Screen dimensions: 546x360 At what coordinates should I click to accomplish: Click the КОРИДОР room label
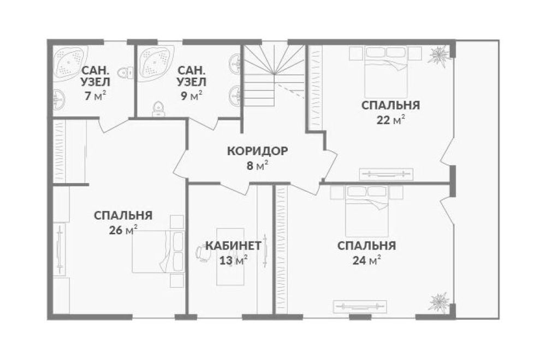(258, 151)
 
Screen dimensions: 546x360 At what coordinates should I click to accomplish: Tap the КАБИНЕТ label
(233, 246)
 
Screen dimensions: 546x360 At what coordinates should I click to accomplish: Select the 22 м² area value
(391, 120)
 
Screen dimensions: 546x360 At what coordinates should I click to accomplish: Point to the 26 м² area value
(123, 230)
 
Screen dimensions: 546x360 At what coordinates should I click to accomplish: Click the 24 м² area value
(366, 261)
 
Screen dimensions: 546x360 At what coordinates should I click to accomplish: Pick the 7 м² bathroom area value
(95, 96)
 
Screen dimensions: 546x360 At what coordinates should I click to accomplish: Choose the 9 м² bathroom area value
(191, 96)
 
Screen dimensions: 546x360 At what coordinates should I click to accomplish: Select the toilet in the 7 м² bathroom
(126, 72)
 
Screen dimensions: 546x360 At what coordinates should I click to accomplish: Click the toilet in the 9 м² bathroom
(158, 109)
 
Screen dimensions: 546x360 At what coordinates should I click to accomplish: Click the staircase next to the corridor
(274, 75)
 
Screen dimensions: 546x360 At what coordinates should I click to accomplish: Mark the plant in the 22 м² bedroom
(440, 56)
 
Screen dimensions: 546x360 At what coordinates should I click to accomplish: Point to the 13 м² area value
(234, 260)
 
